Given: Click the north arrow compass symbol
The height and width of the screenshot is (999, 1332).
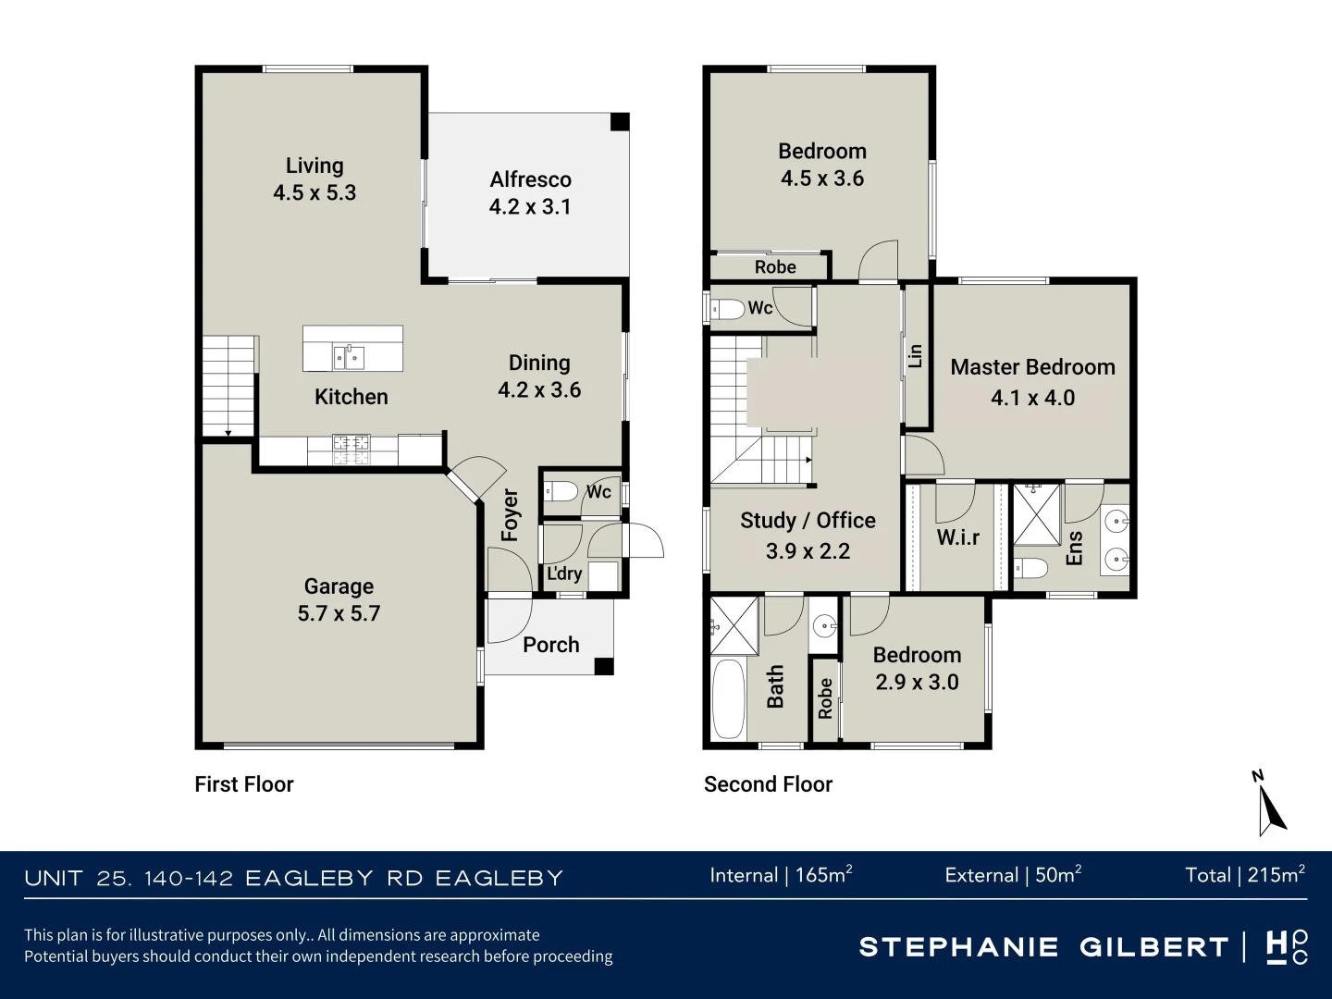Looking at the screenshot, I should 1270,805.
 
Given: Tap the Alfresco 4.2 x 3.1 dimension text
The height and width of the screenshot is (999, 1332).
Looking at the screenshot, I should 530,206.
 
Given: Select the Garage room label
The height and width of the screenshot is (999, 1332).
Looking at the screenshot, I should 339,586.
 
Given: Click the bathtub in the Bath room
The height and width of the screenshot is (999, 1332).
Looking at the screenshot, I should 729,698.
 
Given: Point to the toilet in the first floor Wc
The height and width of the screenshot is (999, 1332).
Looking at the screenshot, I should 561,490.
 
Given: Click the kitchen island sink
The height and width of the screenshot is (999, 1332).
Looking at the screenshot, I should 349,356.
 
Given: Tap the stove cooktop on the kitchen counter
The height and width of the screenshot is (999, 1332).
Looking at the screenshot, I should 351,450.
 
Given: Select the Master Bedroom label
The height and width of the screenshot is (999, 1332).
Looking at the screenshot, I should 1032,367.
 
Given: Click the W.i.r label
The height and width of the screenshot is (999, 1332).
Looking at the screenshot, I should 957,537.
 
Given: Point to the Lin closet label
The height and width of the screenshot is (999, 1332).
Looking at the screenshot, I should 915,356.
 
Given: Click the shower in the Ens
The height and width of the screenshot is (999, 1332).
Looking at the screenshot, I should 1036,515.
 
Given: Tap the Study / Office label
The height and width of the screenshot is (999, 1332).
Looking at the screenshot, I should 808,521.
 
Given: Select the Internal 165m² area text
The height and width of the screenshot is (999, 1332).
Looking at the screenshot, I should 781,875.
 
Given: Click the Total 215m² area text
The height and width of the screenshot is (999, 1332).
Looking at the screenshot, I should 1244,875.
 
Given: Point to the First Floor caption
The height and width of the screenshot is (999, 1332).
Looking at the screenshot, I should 244,784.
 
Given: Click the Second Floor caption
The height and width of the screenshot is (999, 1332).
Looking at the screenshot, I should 768,784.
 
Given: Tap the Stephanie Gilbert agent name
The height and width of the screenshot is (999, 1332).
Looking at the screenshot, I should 1042,947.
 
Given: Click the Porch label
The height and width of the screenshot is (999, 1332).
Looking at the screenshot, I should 550,645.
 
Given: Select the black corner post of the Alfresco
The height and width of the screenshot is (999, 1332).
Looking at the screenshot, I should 620,122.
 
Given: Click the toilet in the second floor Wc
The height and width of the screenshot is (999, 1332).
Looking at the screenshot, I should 729,308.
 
